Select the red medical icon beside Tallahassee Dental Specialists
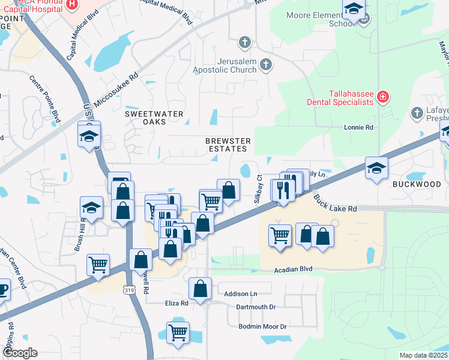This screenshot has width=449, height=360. (x=382, y=96)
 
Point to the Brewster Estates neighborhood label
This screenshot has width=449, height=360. (x=228, y=144)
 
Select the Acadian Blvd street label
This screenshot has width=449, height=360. (x=294, y=269)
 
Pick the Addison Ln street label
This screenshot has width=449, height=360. (x=240, y=294)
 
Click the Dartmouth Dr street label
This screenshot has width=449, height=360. (x=255, y=307)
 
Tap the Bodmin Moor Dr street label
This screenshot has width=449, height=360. (x=262, y=326)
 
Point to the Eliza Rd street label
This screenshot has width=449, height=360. (x=177, y=304)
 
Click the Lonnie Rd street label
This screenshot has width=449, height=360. (x=358, y=128)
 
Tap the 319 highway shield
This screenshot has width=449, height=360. (x=130, y=290)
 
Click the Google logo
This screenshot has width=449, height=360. (x=20, y=353)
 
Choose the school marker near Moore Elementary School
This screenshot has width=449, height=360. (x=354, y=10)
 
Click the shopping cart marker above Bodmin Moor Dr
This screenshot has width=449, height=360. (x=178, y=332)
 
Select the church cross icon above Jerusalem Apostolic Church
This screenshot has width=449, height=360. (x=244, y=42)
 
